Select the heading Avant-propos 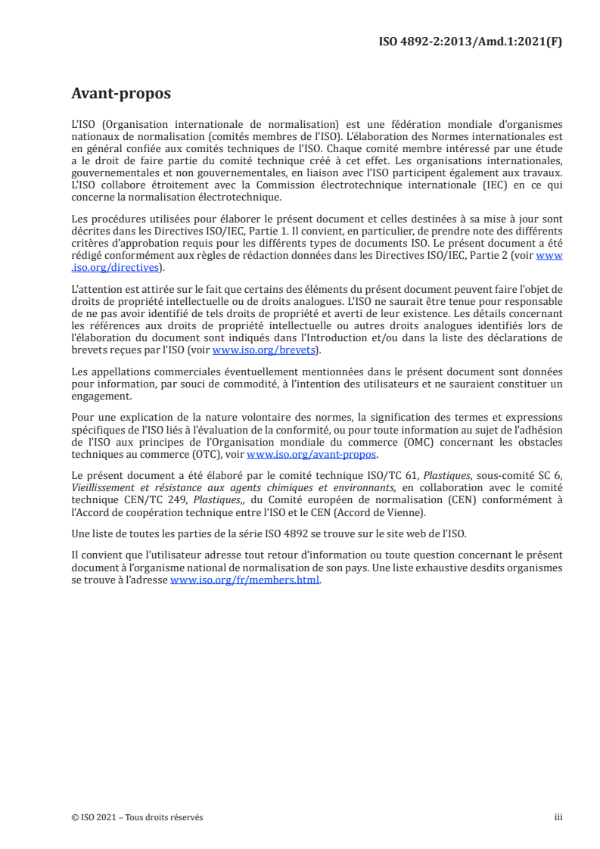pyautogui.click(x=121, y=94)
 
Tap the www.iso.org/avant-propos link pyautogui.click(x=312, y=454)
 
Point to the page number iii pyautogui.click(x=558, y=817)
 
